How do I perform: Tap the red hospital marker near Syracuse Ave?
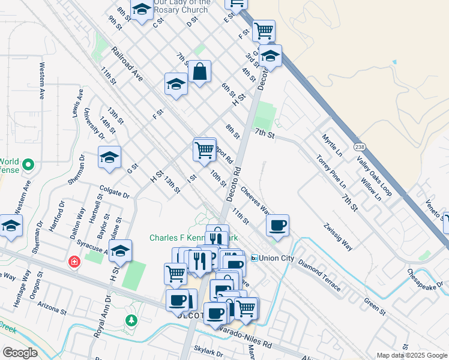tap(74, 262)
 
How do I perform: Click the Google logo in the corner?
tap(20, 353)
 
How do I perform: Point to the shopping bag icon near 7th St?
tap(199, 73)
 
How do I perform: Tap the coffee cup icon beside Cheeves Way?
tap(277, 226)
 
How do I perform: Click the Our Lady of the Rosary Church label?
tap(181, 6)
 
